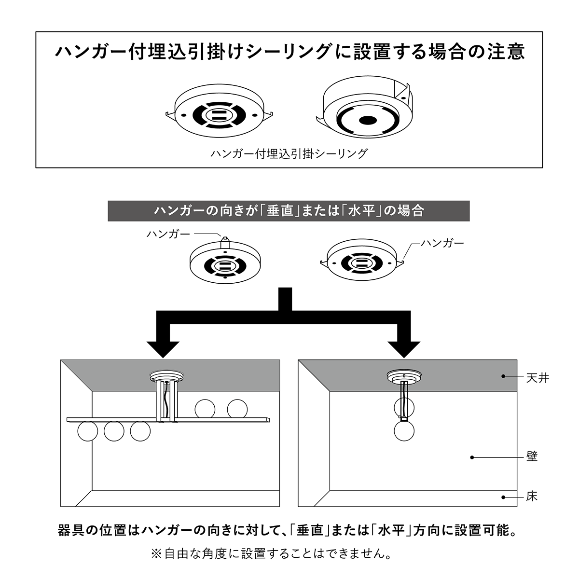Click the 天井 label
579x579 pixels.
click(537, 378)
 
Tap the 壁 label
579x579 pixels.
click(532, 456)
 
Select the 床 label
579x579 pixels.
click(532, 496)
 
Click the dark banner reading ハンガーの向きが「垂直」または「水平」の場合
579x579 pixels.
click(289, 211)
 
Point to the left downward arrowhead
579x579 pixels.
click(163, 349)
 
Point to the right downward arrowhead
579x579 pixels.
click(404, 349)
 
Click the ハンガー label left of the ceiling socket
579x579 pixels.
click(168, 234)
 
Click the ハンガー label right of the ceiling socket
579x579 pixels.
click(442, 243)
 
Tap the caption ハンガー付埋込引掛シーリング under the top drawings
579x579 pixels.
click(289, 154)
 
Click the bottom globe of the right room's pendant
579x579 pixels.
click(404, 431)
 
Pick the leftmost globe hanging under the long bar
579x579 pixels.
click(88, 431)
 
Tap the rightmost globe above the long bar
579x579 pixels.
click(237, 409)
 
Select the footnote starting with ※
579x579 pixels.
click(271, 553)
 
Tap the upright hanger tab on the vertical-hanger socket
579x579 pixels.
click(225, 243)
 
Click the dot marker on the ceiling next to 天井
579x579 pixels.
click(503, 376)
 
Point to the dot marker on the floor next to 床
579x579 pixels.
click(503, 497)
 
